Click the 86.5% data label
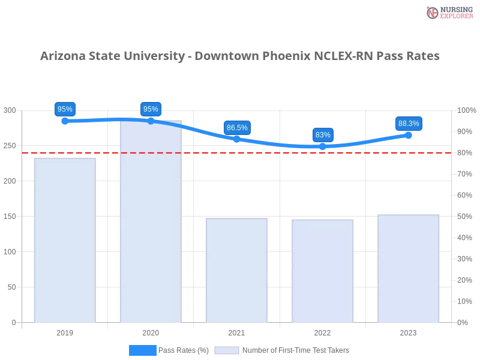(237, 127)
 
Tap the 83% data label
(323, 134)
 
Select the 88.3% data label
(409, 124)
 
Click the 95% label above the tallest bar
(151, 109)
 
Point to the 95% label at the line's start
(64, 109)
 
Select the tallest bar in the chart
(151, 222)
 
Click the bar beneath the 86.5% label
(237, 270)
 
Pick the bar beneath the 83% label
(323, 270)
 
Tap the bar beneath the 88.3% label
(409, 268)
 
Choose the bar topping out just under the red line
(64, 240)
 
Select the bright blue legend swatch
(142, 350)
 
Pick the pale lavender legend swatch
(227, 350)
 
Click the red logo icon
(433, 12)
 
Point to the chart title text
(240, 56)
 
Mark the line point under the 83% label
(323, 147)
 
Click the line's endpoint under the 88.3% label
(409, 135)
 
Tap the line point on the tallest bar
(151, 121)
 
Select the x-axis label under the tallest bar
(151, 331)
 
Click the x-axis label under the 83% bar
(323, 331)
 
